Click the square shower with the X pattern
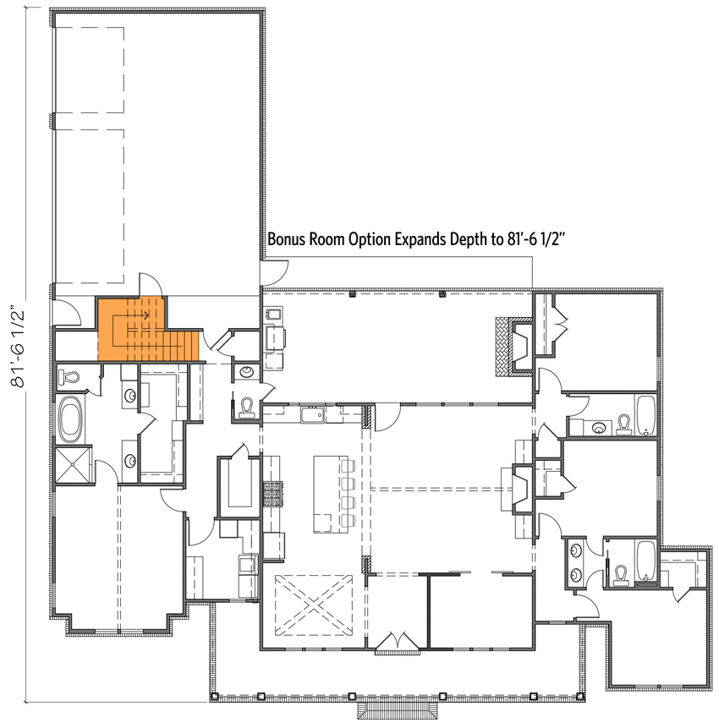[72, 464]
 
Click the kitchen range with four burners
[273, 492]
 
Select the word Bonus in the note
[288, 239]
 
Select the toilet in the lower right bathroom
[622, 574]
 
